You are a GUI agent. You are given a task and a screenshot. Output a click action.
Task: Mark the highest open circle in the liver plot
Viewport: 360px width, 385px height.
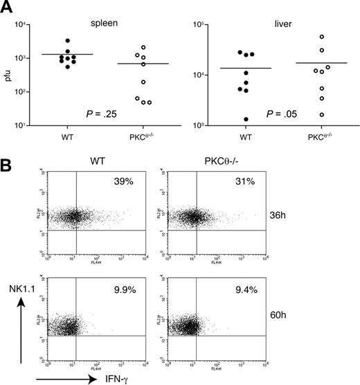(x=322, y=37)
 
